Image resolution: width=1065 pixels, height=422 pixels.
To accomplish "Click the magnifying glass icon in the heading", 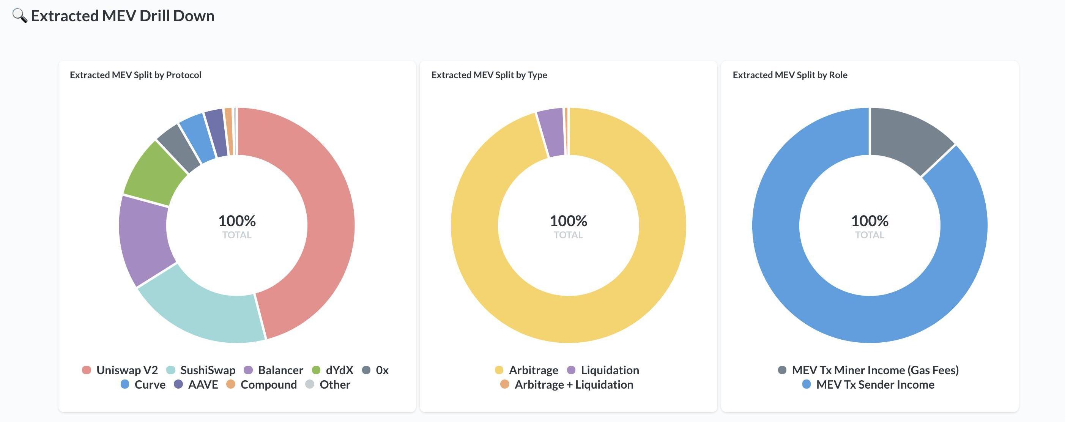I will point(19,16).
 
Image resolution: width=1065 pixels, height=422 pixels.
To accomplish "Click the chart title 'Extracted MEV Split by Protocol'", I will point(135,75).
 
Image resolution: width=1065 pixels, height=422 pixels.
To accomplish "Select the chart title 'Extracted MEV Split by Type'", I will point(489,75).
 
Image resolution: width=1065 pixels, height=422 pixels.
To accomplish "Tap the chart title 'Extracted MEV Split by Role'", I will point(790,75).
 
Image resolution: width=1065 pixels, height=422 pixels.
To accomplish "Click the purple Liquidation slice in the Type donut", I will point(551,132).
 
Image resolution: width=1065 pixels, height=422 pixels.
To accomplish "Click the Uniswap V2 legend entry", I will point(120,370).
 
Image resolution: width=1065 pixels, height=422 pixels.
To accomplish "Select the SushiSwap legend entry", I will point(201,370).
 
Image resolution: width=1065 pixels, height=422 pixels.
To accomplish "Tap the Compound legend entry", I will point(261,384).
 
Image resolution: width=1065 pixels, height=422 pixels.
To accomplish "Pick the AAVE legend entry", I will point(195,384).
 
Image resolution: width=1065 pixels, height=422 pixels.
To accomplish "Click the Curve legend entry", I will point(143,384).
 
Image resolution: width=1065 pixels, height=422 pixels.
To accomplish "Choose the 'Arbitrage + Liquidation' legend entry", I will point(566,384).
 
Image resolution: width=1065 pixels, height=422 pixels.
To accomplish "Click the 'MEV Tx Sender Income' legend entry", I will point(868,384).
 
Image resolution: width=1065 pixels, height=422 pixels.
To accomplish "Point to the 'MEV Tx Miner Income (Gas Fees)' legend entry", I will point(868,370).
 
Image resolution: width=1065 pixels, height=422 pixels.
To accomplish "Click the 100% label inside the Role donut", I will point(870,221).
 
